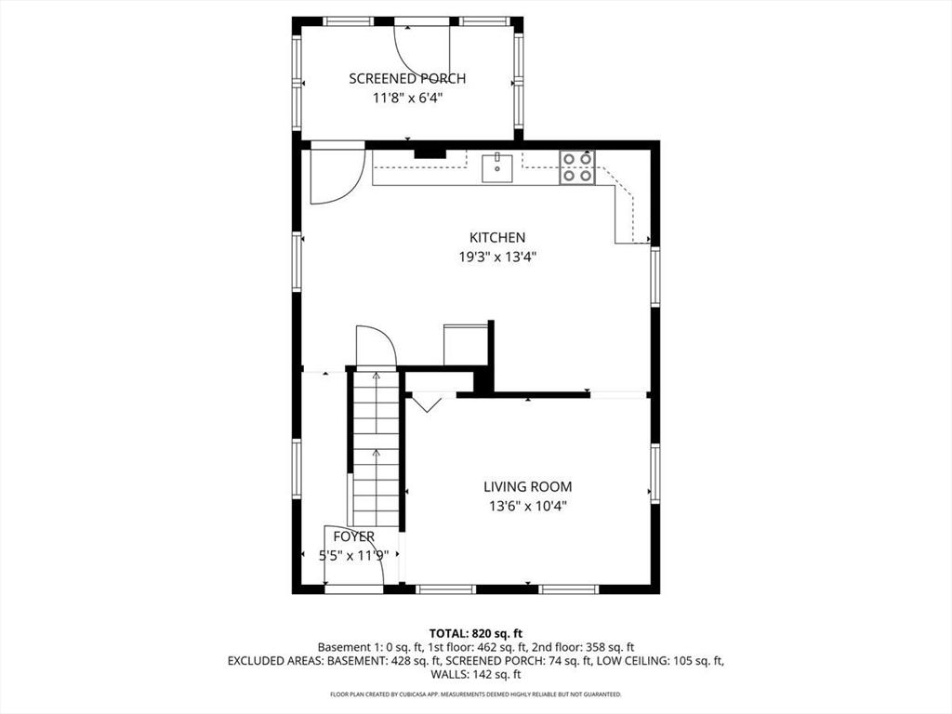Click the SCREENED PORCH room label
point(407,79)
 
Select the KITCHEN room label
point(496,238)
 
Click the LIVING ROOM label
point(527,486)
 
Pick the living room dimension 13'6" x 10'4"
point(527,506)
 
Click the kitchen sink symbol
point(497,168)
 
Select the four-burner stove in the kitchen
point(576,167)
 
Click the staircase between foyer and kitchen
point(376,446)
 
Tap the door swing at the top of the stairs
point(377,346)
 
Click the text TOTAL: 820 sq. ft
point(475,633)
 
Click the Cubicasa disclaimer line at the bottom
point(475,694)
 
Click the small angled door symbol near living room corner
point(428,403)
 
